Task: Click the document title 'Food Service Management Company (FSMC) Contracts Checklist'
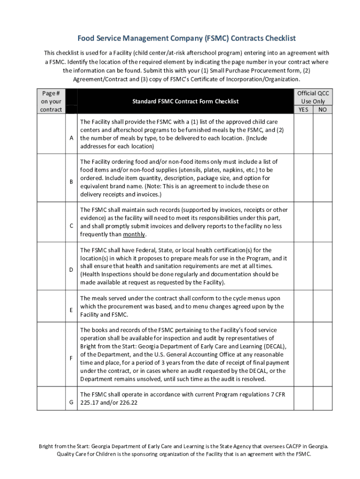tap(180, 38)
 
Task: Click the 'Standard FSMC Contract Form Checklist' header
tap(185, 101)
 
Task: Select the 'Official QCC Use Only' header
tap(313, 97)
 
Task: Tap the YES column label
tap(303, 110)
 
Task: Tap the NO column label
tap(323, 110)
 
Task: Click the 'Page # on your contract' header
tap(51, 101)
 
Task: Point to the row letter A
tap(71, 138)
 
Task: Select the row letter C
tap(71, 226)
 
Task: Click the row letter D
tap(71, 270)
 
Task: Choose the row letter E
tap(71, 310)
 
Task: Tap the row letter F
tap(71, 358)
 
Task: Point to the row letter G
tap(71, 402)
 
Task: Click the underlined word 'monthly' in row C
tap(134, 234)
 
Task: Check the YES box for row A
tap(303, 134)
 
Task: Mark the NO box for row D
tap(323, 267)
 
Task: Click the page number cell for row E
tap(51, 306)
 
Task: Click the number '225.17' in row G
tap(89, 403)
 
